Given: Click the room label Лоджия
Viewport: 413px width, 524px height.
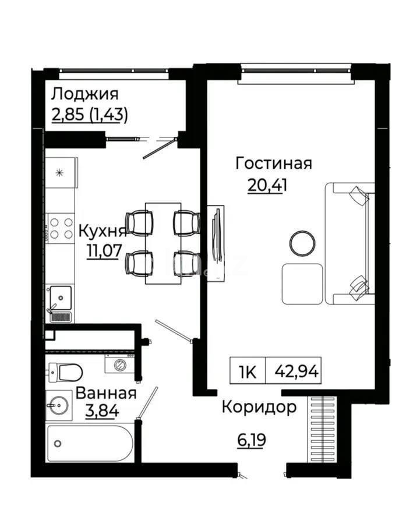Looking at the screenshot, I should tap(84, 94).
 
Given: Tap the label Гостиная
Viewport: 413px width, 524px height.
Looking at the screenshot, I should tap(273, 164).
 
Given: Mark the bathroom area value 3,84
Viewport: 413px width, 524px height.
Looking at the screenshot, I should tap(103, 411).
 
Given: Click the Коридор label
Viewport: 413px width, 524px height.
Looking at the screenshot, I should tap(259, 407).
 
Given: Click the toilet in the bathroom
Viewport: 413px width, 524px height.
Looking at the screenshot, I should tap(65, 371).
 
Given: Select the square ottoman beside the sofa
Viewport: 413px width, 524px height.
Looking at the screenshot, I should tap(302, 284).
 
